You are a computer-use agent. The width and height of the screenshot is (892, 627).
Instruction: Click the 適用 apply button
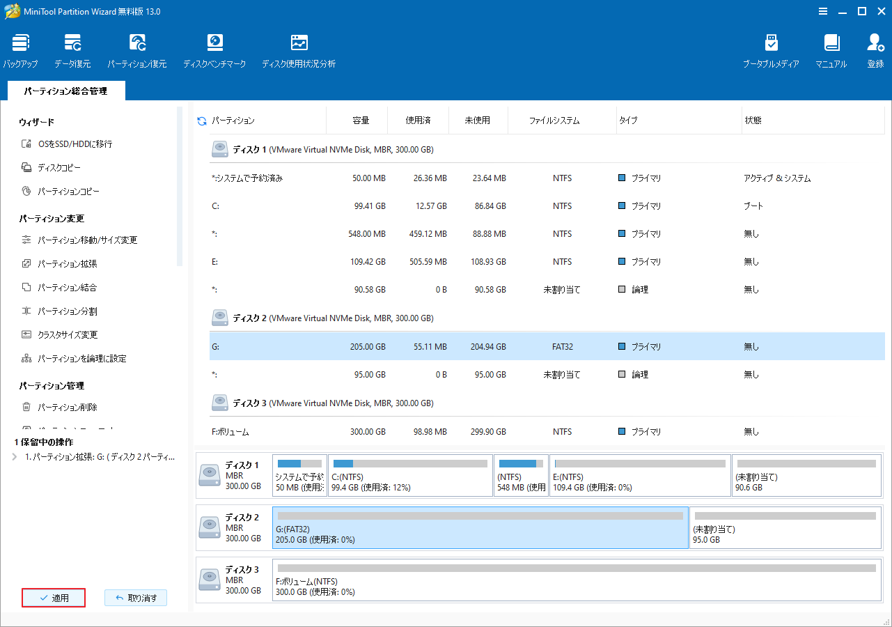click(54, 598)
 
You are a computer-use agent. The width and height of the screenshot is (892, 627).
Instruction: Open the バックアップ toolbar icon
click(21, 50)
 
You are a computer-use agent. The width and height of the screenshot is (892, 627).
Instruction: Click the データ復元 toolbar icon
click(72, 50)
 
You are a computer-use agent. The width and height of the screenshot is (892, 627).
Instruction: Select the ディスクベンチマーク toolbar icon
click(214, 50)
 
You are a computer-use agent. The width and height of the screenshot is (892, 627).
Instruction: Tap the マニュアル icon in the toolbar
click(831, 50)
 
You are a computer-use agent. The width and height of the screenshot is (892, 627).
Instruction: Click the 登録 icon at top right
click(875, 50)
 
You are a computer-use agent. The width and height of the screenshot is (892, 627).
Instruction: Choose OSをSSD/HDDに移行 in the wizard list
click(75, 144)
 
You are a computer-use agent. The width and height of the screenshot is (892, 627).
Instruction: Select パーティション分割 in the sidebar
click(67, 311)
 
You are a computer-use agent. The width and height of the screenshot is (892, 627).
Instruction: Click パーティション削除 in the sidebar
click(67, 408)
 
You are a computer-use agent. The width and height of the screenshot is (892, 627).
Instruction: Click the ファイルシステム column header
click(554, 121)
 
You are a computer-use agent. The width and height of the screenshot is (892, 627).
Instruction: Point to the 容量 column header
click(361, 121)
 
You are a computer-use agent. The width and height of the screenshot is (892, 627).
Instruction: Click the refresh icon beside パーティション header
click(202, 121)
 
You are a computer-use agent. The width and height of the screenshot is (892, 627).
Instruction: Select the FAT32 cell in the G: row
click(562, 346)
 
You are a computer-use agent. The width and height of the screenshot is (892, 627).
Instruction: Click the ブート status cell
click(753, 206)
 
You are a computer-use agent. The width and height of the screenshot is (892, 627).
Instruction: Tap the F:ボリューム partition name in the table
click(230, 432)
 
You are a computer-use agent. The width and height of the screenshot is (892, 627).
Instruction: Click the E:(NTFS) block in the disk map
click(640, 475)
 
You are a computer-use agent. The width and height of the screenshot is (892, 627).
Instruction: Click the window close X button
click(880, 11)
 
